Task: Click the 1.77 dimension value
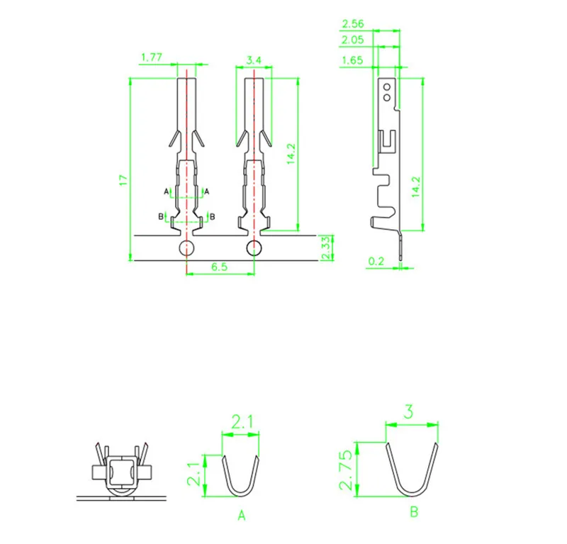click(152, 57)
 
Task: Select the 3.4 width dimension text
click(254, 60)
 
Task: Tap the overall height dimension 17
click(123, 180)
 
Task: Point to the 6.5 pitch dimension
click(219, 267)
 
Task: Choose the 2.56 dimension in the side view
click(352, 24)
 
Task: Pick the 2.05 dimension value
click(352, 40)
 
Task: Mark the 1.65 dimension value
click(352, 60)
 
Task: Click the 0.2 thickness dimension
click(376, 261)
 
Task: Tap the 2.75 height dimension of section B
click(346, 470)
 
